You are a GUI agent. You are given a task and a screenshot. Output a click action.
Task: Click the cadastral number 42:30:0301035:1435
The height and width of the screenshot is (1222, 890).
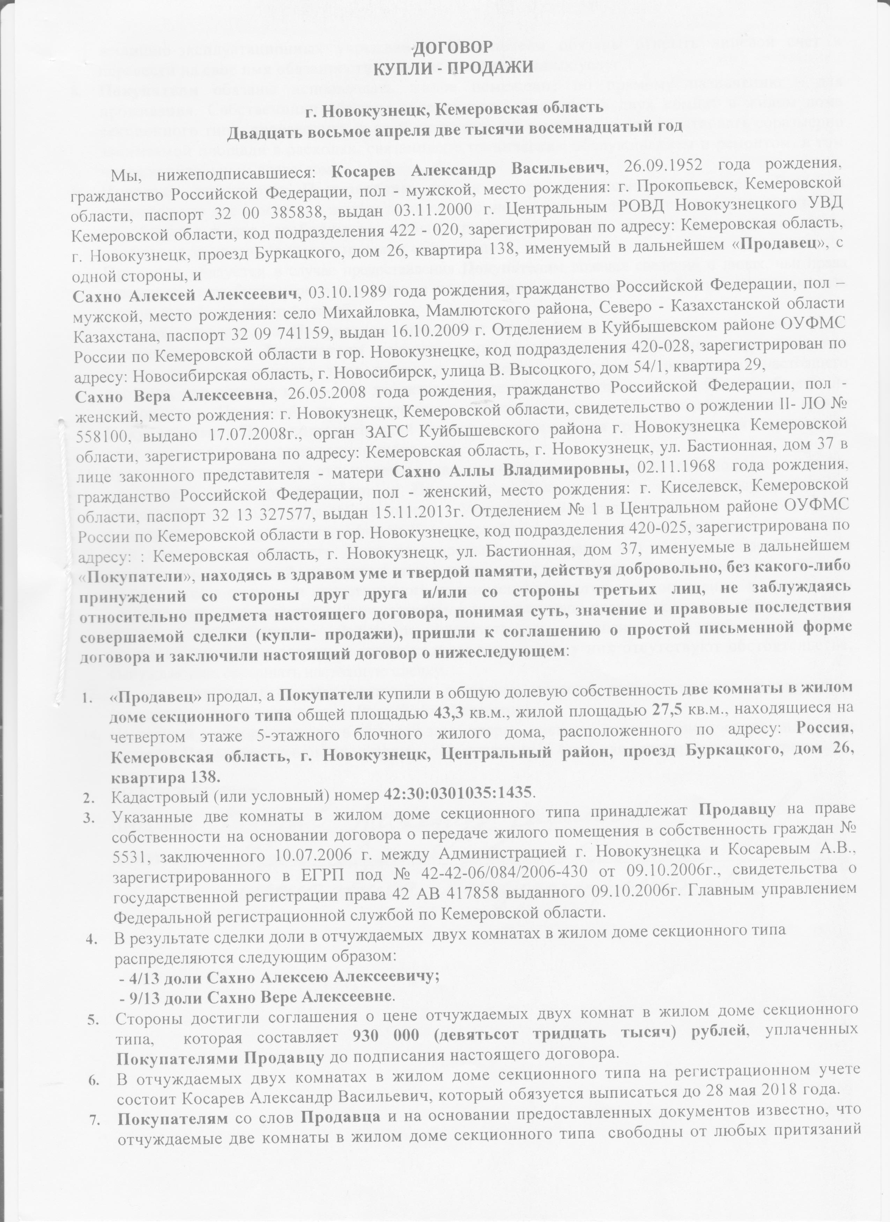[x=458, y=792]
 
